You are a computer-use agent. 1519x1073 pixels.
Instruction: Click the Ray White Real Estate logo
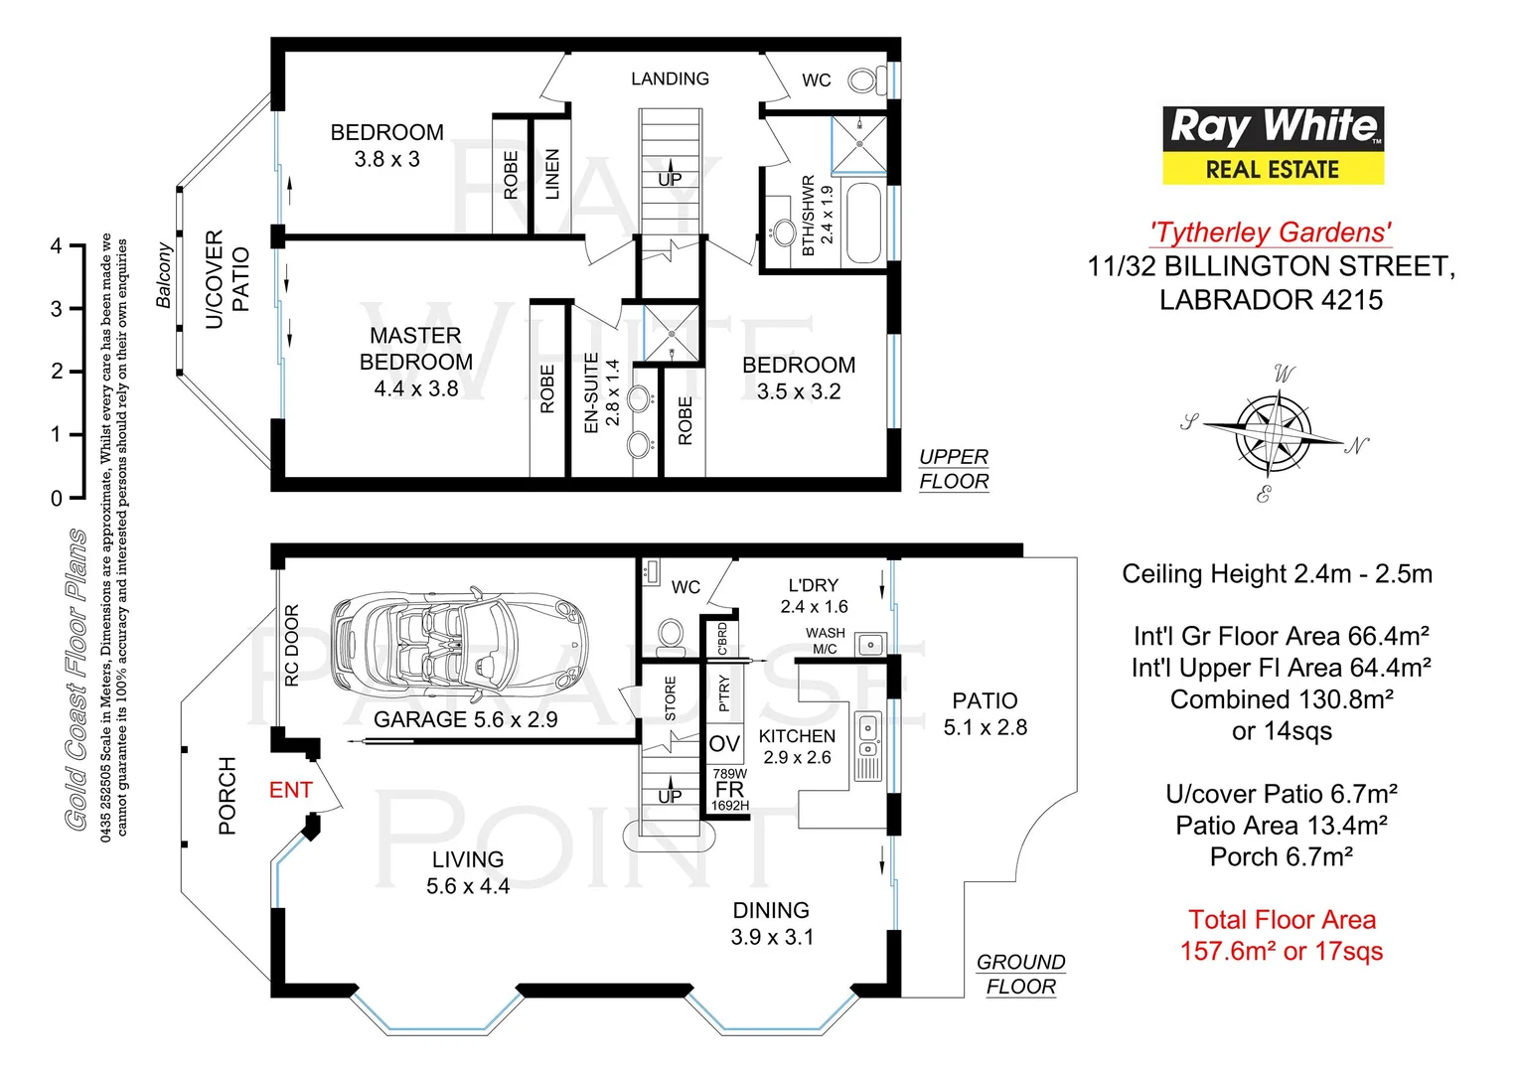1273,146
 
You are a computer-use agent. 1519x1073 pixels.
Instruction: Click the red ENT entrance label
290,790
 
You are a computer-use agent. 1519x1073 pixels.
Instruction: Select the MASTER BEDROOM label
415,362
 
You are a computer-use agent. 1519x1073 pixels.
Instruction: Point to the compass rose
1275,433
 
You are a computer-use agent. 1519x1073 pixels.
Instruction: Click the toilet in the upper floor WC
866,79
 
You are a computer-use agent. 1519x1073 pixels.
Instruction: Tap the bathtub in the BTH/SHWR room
864,223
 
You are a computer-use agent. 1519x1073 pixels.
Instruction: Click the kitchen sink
868,735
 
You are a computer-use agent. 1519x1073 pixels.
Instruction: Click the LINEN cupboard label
552,175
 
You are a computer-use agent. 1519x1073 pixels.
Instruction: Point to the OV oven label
724,744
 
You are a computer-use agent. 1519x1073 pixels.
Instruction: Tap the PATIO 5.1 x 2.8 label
985,714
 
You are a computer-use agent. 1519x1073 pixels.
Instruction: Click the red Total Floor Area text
1282,935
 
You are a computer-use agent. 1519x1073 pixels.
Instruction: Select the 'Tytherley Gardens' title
1271,232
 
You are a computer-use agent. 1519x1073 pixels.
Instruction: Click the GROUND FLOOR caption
1020,974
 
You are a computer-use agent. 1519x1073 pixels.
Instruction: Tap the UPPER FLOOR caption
954,469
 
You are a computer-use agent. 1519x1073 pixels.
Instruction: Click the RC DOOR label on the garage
292,646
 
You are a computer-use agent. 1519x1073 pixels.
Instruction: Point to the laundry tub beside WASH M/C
870,645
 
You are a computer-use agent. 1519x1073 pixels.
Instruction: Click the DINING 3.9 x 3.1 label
771,923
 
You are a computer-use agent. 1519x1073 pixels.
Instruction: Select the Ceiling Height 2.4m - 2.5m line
1277,574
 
